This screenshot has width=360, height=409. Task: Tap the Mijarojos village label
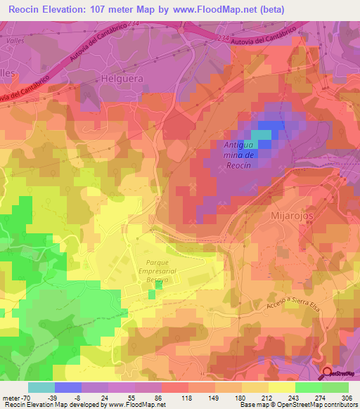pyautogui.click(x=290, y=217)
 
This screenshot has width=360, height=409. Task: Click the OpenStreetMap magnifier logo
pyautogui.click(x=327, y=374)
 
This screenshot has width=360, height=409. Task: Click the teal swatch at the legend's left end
pyautogui.click(x=41, y=387)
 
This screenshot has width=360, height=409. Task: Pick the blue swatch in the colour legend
pyautogui.click(x=67, y=387)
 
